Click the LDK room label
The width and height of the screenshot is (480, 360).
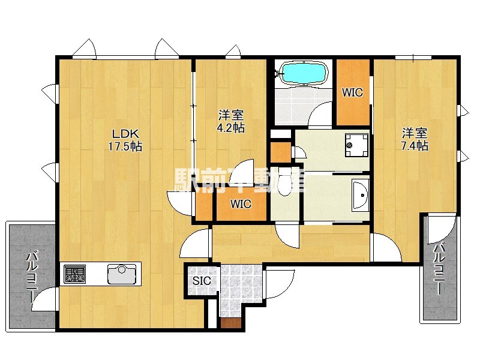pos(125,133)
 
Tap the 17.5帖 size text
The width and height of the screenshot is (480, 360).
pos(125,146)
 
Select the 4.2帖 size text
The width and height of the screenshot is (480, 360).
pos(231,128)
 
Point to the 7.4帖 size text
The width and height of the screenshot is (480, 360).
pos(415,146)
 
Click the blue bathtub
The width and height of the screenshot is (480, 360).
pos(305,73)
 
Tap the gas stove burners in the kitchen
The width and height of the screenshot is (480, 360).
pos(74,274)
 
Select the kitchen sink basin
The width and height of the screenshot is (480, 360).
pos(122,274)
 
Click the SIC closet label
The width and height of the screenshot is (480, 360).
pos(202,280)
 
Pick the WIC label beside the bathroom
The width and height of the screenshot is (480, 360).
pos(352,92)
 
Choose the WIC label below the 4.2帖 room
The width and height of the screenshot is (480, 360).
pos(241,204)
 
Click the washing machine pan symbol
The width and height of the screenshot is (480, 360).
pos(356,145)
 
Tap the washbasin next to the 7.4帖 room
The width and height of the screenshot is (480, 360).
pos(361,195)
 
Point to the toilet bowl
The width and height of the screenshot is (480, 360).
pos(285,183)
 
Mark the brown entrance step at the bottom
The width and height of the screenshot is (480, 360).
pos(231,323)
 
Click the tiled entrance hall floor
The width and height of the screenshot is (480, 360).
pos(241,288)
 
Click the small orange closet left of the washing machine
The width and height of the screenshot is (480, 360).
pos(281,152)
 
